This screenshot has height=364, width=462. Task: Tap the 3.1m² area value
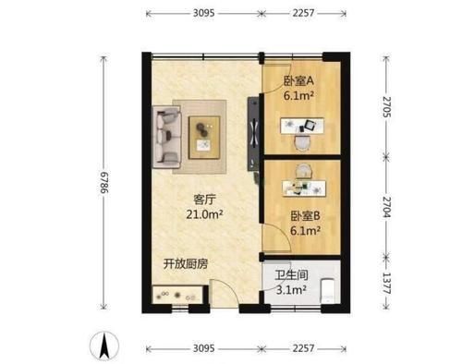coord(294,290)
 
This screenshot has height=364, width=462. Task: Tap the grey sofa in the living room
coord(169,136)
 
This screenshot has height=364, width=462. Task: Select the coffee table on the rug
coord(202,135)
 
